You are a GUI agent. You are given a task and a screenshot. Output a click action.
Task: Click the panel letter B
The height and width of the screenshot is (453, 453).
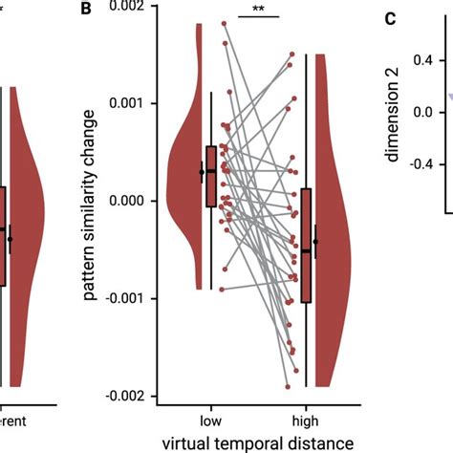coord(87,11)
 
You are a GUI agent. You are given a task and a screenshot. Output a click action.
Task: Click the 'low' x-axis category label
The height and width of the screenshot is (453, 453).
coord(211,420)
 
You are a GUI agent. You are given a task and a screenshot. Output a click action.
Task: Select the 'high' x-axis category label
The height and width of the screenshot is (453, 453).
coord(306,420)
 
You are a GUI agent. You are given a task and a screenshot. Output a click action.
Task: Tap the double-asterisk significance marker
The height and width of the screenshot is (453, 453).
coord(258,11)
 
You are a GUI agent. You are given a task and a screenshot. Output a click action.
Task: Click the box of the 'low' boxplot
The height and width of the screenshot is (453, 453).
coord(211,176)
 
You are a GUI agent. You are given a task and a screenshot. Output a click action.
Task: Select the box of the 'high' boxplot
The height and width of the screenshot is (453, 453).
coord(306,246)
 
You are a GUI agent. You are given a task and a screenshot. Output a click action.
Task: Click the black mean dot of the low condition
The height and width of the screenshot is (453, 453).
coord(202,172)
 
